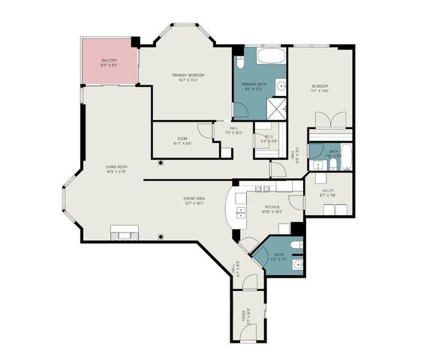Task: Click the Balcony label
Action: pyautogui.click(x=108, y=58)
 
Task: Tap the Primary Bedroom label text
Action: pyautogui.click(x=188, y=75)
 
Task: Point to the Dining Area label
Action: pyautogui.click(x=194, y=198)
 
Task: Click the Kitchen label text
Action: pyautogui.click(x=272, y=206)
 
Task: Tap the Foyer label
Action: pyautogui.click(x=243, y=316)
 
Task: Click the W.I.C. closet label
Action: pyautogui.click(x=268, y=136)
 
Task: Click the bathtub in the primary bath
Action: pyautogui.click(x=268, y=56)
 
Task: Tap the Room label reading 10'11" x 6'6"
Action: pyautogui.click(x=182, y=139)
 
